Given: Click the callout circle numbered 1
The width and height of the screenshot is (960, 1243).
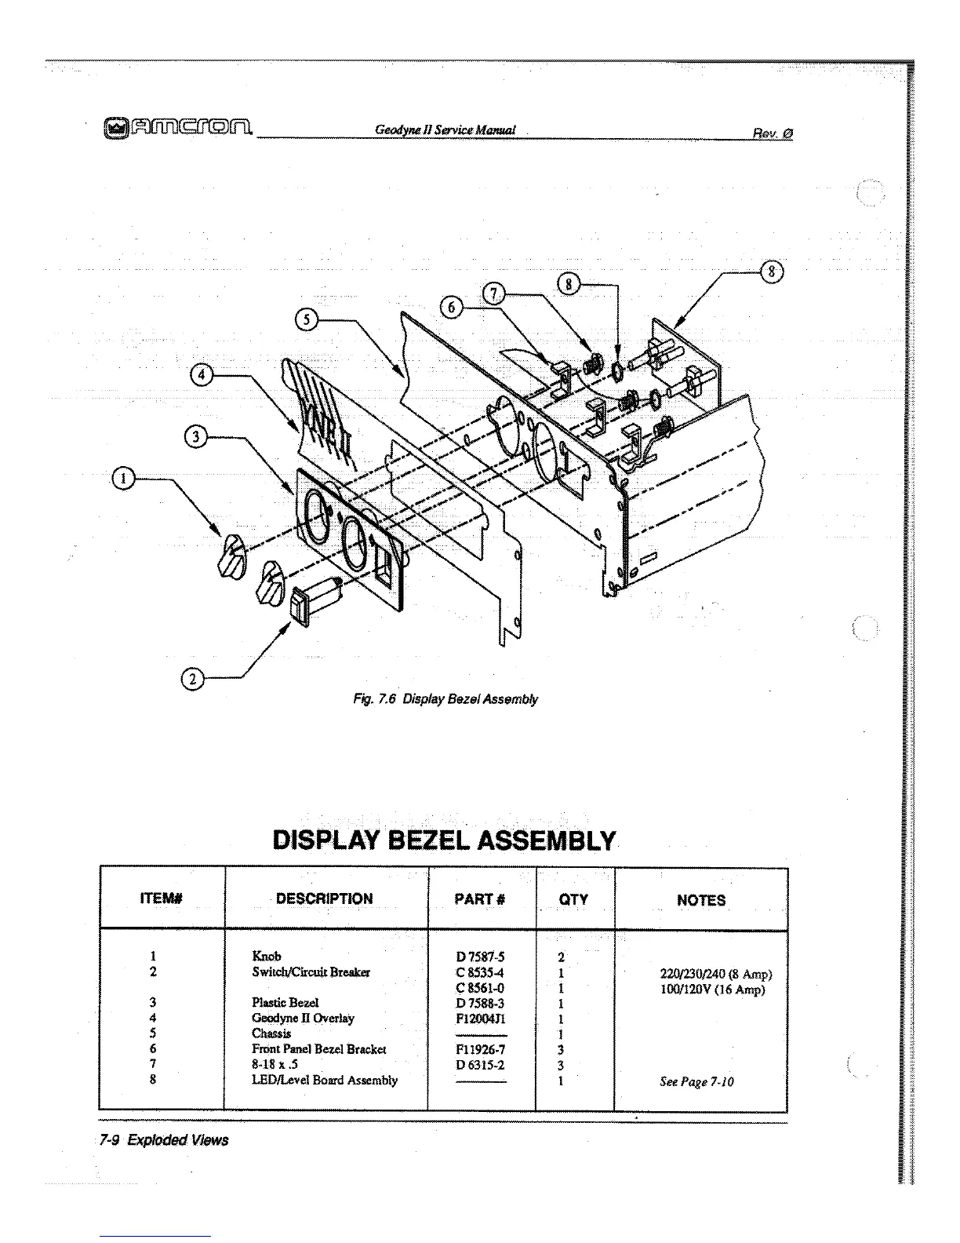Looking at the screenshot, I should tap(123, 477).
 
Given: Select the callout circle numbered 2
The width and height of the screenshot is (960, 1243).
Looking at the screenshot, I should tap(192, 679).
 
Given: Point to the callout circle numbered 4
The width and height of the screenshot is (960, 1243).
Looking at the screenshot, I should tap(202, 375).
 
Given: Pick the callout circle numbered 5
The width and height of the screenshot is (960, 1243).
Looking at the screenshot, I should tap(305, 319).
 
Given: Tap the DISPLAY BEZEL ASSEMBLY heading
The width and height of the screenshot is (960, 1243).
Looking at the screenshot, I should tap(444, 840).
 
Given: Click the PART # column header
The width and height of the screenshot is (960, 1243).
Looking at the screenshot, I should tap(480, 899).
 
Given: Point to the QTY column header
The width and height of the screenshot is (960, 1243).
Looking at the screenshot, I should tap(573, 899).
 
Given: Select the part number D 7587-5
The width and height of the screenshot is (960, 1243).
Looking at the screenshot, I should tap(479, 957).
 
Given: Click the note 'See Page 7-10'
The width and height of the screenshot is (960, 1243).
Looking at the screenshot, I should tap(696, 1081).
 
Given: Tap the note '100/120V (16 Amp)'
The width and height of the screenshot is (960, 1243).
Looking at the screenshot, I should tap(713, 990).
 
